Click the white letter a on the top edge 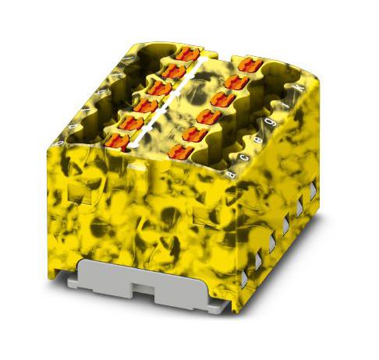(232, 174)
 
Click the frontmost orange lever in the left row (117, 141)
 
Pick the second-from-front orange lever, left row (131, 123)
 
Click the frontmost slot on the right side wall (254, 265)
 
